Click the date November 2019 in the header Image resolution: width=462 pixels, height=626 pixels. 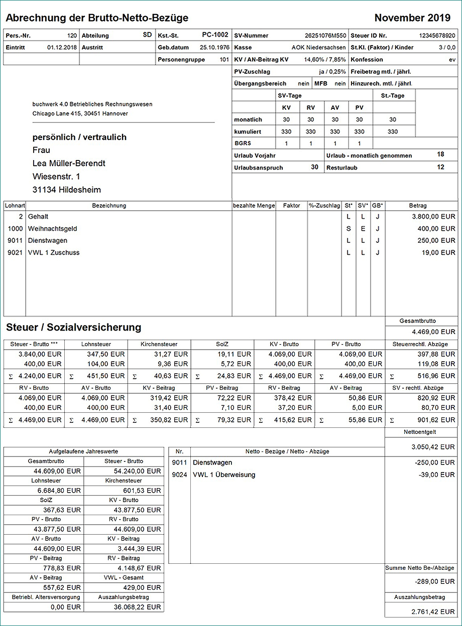[x=412, y=19]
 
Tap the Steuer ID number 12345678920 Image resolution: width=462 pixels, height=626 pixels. [x=437, y=36]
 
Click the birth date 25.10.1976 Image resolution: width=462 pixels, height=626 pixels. [x=214, y=48]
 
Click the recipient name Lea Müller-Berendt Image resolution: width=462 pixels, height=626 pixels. [x=69, y=164]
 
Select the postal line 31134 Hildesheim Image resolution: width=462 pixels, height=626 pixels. [x=67, y=190]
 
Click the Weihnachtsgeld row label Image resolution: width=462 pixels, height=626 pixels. [x=53, y=229]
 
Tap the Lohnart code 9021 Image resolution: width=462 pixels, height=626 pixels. [x=15, y=253]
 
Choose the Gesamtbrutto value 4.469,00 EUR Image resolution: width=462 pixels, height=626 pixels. [x=434, y=332]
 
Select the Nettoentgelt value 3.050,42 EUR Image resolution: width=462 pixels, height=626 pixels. [x=434, y=446]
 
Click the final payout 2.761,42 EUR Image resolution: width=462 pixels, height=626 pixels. [x=434, y=612]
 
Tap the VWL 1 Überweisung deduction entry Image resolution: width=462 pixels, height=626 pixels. [x=224, y=475]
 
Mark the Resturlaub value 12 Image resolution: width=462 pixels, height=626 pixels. [x=440, y=167]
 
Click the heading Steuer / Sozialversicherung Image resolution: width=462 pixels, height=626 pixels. [x=73, y=328]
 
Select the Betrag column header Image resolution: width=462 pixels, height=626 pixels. [x=418, y=206]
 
